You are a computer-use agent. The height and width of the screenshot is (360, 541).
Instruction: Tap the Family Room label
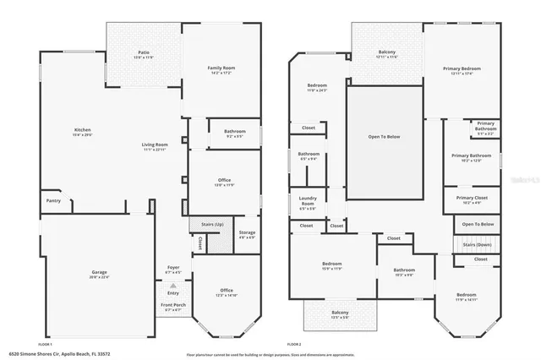pyautogui.click(x=221, y=69)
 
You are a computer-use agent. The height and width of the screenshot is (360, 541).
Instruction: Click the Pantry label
pyautogui.click(x=53, y=201)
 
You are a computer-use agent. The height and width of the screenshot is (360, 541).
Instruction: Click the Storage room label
pyautogui.click(x=247, y=234)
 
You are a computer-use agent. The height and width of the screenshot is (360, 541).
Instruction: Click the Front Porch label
pyautogui.click(x=172, y=306)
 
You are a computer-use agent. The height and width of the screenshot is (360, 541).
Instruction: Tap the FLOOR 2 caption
pyautogui.click(x=294, y=345)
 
